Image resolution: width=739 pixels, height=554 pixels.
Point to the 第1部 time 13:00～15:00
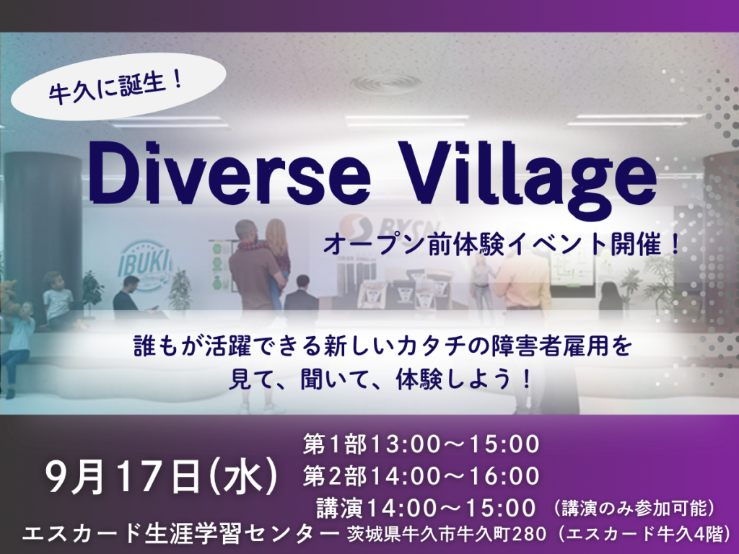(x=455, y=444)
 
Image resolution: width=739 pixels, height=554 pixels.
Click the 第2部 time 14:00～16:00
(x=455, y=476)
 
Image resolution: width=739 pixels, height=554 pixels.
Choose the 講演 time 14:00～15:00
(x=452, y=507)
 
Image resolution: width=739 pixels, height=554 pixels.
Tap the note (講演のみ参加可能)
(x=634, y=509)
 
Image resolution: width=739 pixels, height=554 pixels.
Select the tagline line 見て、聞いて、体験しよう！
(x=382, y=379)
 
